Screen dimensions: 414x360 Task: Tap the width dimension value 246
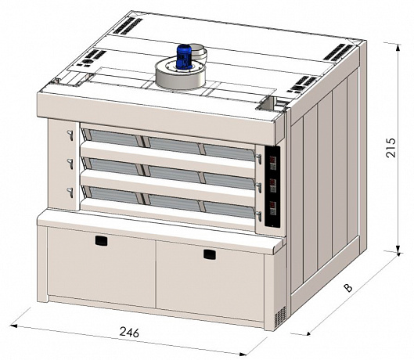[x=129, y=332]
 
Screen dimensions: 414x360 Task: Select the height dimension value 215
[x=391, y=148]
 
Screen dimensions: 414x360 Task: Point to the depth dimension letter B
[x=348, y=288]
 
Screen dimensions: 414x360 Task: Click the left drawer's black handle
[x=101, y=240]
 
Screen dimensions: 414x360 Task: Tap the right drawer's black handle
[x=210, y=254]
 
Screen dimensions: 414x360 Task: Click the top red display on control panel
[x=273, y=160]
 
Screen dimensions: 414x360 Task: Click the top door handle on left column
[x=70, y=135]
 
